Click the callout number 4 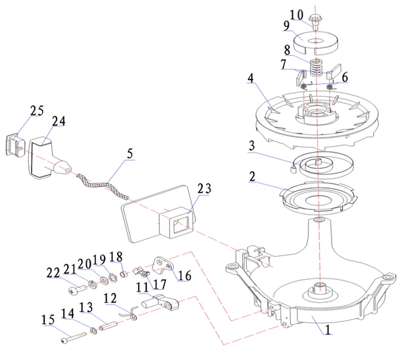(251, 78)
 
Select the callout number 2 (251, 177)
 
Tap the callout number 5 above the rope (130, 154)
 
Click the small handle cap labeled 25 (14, 144)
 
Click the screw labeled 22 (74, 288)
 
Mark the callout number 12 (111, 298)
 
